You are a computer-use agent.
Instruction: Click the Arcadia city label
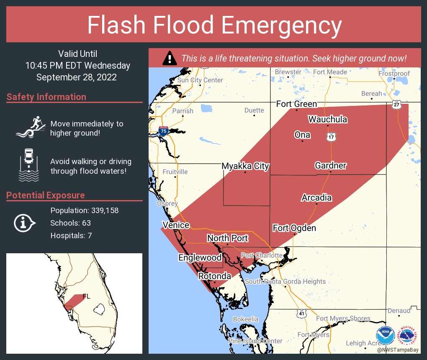(x=316, y=198)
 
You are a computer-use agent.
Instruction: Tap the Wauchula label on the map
(x=327, y=119)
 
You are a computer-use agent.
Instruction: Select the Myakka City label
(x=245, y=166)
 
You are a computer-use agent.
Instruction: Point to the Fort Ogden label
(x=294, y=228)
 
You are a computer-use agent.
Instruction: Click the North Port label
(x=227, y=238)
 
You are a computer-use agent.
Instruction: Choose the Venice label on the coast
(x=176, y=225)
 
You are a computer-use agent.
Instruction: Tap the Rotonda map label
(x=214, y=276)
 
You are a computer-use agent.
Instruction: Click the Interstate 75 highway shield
(x=163, y=131)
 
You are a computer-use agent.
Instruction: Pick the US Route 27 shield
(x=396, y=105)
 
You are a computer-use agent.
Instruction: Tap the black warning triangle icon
(x=169, y=58)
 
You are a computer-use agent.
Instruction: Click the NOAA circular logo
(x=385, y=336)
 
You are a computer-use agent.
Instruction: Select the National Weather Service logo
(x=409, y=336)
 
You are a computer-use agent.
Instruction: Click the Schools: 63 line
(x=70, y=223)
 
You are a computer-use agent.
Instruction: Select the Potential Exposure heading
(x=46, y=195)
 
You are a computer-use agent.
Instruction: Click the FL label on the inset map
(x=86, y=296)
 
